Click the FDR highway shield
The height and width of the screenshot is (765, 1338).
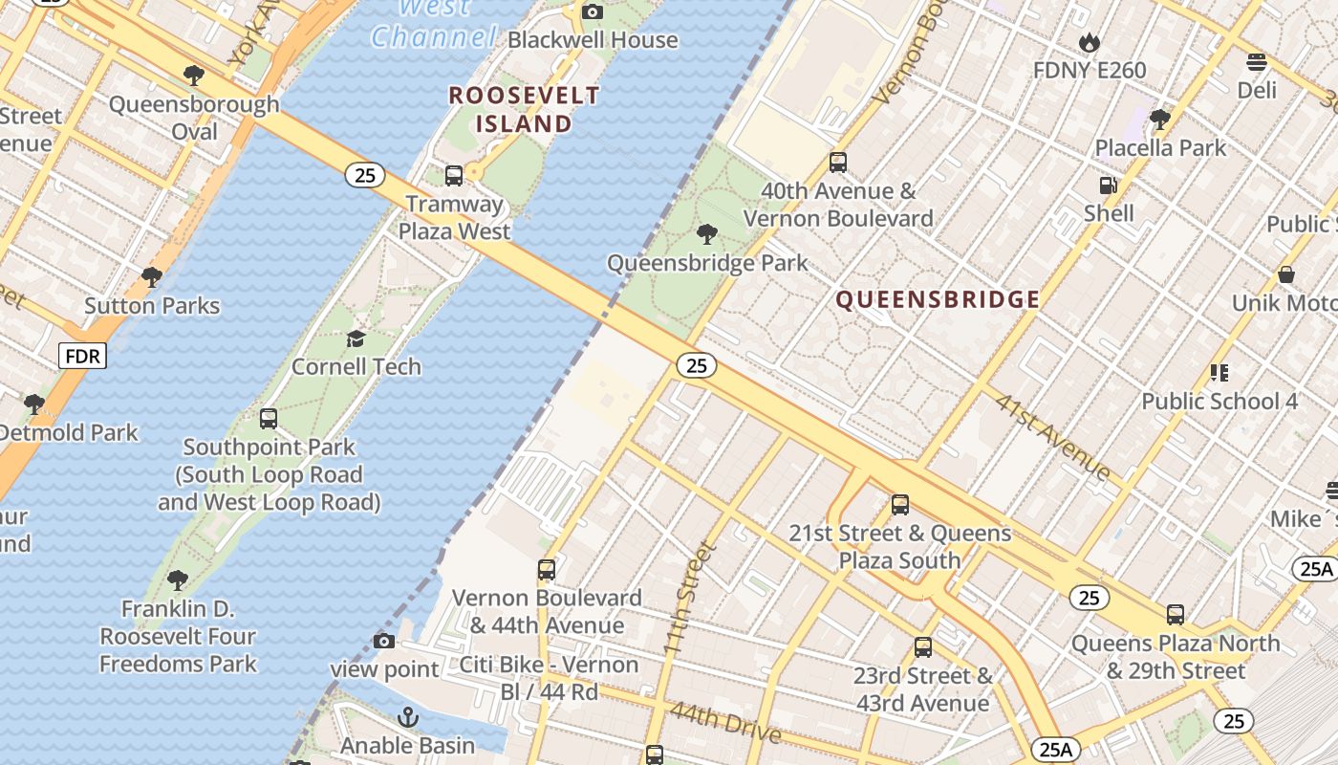(x=83, y=357)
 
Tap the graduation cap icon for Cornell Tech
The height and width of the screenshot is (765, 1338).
(x=356, y=339)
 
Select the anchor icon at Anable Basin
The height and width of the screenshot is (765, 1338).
(x=408, y=717)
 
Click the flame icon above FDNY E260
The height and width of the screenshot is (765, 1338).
(x=1089, y=42)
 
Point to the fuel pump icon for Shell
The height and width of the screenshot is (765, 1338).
(x=1109, y=186)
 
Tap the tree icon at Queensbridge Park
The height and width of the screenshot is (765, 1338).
(x=707, y=234)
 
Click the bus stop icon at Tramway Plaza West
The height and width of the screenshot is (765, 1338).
(x=454, y=176)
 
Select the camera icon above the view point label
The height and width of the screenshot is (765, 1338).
(x=384, y=641)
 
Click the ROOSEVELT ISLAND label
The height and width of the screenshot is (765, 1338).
(x=524, y=110)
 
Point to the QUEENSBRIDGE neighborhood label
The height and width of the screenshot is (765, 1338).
(x=938, y=300)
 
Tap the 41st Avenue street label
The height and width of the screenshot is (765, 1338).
(x=1052, y=436)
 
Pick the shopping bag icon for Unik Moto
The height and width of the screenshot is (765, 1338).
(x=1286, y=274)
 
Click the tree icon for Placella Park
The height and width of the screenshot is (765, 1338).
(x=1160, y=120)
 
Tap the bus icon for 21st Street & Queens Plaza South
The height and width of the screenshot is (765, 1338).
(x=899, y=505)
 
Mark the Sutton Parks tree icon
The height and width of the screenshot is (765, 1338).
(x=151, y=277)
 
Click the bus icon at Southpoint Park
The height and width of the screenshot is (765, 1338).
(x=269, y=419)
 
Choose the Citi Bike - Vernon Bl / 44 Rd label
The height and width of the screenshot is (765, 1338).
(x=549, y=677)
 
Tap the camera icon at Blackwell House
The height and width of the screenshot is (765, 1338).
(x=593, y=11)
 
